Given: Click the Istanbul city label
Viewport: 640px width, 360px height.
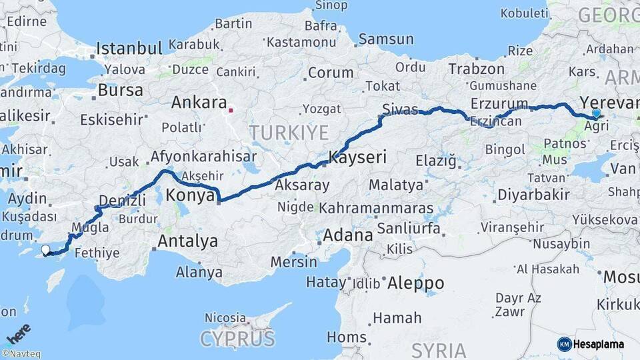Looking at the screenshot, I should pos(129,48).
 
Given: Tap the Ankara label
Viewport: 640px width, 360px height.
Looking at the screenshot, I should pos(199,103).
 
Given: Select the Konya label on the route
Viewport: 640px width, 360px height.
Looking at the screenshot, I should pos(190,195).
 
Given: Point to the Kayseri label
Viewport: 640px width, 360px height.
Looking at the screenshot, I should pos(357,158).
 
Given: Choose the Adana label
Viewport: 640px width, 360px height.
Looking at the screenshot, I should pos(347,235).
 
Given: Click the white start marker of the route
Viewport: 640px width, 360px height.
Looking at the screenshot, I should pos(45,250).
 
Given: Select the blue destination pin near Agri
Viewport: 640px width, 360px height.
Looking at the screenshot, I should pos(596,114).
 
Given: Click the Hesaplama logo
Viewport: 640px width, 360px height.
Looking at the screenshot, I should pos(591,344).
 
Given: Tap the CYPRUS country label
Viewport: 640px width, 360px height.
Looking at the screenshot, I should pos(237,339).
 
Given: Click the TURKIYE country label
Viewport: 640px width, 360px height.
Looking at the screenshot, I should pos(289,132).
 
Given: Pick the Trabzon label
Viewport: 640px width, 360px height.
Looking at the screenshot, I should pos(476,69).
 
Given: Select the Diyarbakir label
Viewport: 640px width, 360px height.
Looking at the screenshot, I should pos(533,195).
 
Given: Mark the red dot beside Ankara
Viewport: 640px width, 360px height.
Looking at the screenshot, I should pos(231,110).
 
